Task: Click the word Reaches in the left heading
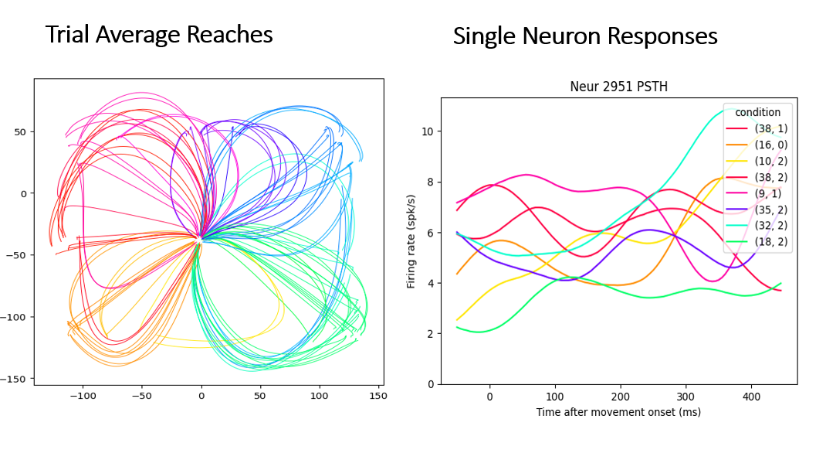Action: (x=231, y=35)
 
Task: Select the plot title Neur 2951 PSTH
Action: (x=618, y=87)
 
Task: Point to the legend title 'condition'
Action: (x=757, y=112)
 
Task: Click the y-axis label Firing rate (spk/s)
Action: (x=412, y=241)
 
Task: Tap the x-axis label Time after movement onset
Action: (x=618, y=412)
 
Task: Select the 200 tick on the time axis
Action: (x=620, y=397)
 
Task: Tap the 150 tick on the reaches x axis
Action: (x=378, y=395)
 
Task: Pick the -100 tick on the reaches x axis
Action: (x=83, y=395)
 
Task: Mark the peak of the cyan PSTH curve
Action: (x=733, y=109)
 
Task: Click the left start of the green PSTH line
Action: (x=457, y=327)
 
